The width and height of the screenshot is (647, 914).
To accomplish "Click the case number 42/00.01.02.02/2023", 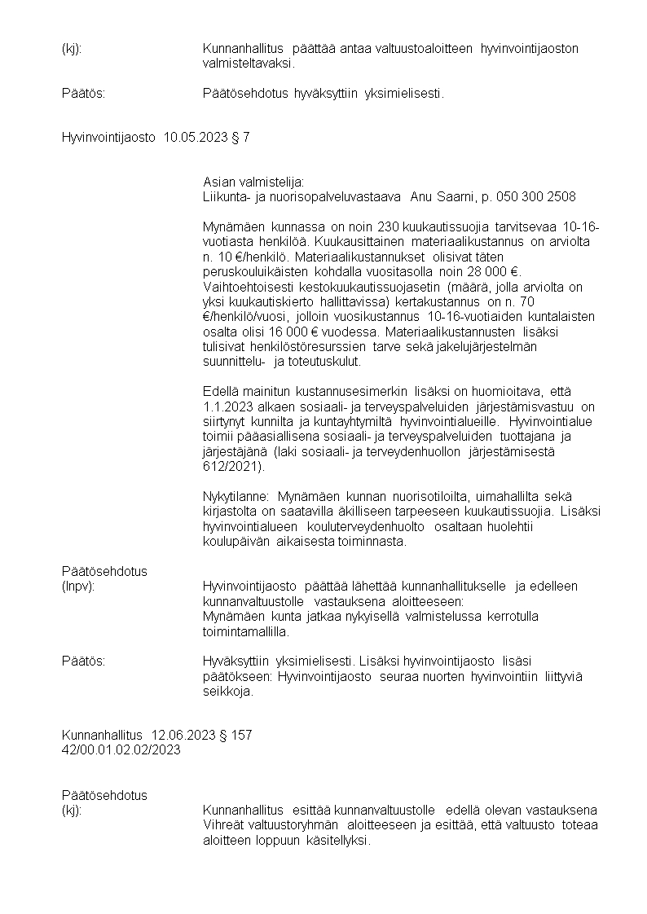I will (121, 749).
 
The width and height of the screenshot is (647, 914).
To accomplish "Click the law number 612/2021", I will (232, 467).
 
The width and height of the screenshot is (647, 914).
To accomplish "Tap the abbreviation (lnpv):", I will (78, 586).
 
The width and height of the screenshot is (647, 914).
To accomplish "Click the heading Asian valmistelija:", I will (253, 182).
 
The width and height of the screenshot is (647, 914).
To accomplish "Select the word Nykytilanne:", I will (236, 496).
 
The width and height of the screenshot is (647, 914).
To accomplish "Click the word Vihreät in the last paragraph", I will (223, 825).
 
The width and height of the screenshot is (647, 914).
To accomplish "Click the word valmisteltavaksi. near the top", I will (249, 63).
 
